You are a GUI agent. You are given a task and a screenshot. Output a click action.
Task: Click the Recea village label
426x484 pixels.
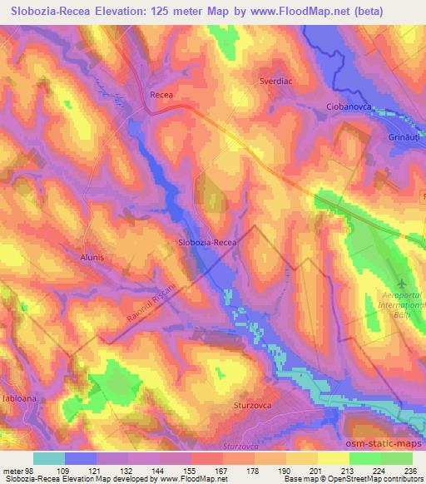161,96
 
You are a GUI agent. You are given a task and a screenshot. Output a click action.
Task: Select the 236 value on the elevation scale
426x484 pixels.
410,471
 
